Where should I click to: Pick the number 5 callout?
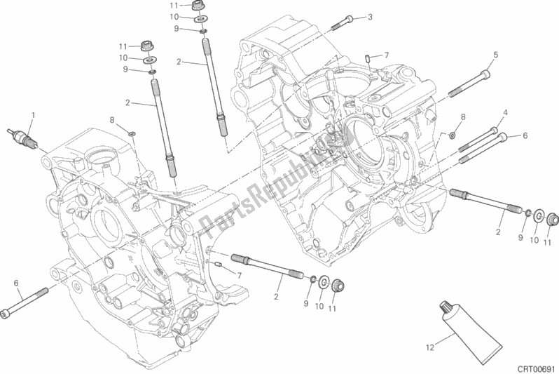[495, 55]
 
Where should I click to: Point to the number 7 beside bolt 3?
[386, 54]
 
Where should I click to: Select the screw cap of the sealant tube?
[447, 306]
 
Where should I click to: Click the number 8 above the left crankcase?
[111, 120]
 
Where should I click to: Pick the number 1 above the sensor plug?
[32, 114]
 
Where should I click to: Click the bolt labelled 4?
[478, 138]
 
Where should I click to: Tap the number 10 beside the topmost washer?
[178, 17]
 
